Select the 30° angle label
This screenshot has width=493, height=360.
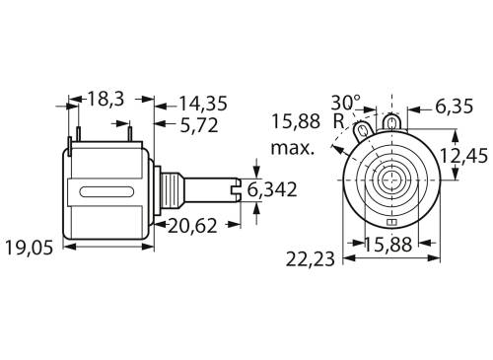pos(346,103)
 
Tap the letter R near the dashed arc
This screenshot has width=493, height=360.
pos(338,121)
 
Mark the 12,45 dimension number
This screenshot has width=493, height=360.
pos(464,156)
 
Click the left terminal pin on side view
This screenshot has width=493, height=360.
pos(73,130)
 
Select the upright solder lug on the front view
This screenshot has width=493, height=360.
pos(394,122)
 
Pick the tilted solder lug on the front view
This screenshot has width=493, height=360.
pos(364,129)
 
